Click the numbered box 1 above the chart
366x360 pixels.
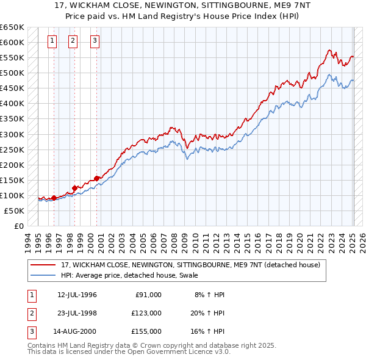(52, 41)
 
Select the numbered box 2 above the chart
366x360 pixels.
(73, 41)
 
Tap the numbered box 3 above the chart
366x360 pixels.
(95, 41)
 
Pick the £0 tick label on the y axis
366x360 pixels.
(18, 226)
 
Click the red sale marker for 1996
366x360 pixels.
(54, 198)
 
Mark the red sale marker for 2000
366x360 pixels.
(96, 178)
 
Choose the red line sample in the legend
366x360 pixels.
(43, 265)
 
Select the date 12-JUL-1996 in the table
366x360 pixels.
(77, 295)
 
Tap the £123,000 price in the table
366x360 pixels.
(146, 313)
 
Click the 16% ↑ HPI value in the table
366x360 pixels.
(208, 331)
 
